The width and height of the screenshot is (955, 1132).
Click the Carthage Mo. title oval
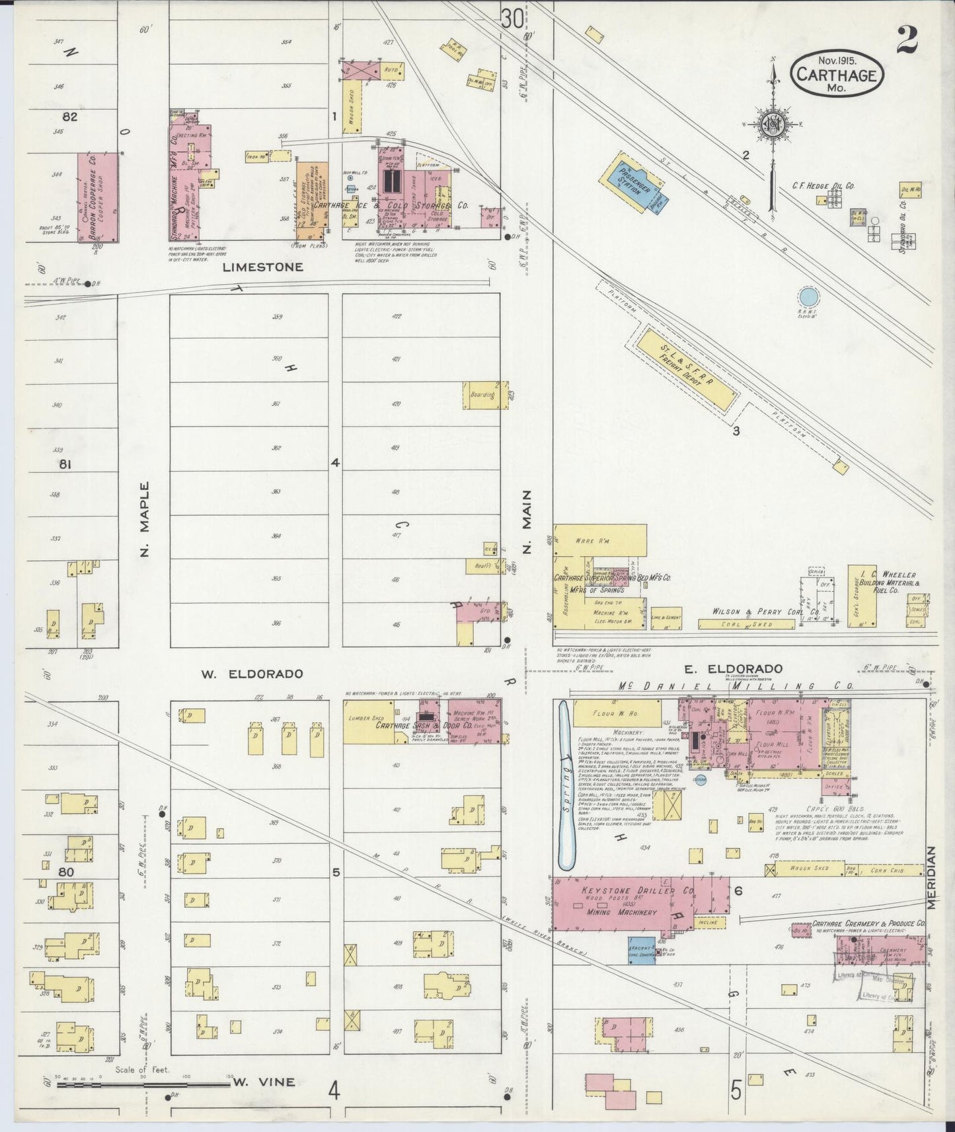837,74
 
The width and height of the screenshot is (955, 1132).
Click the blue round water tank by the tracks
808,297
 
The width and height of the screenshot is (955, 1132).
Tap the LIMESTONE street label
263,267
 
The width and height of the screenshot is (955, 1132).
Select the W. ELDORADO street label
252,674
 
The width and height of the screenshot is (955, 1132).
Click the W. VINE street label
264,1082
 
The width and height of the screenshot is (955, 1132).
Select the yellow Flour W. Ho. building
617,714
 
